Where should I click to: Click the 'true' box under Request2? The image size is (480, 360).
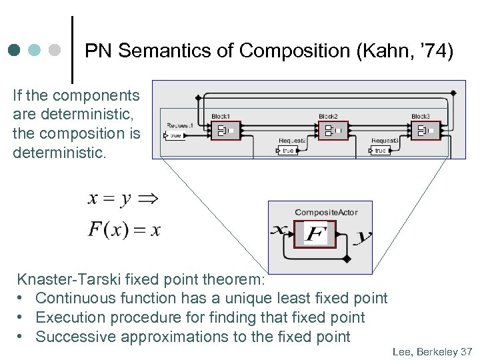pyautogui.click(x=287, y=151)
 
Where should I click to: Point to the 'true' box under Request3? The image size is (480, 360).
pyautogui.click(x=380, y=151)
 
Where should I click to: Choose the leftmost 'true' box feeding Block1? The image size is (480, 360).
pyautogui.click(x=175, y=135)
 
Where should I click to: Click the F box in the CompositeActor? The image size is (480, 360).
pyautogui.click(x=315, y=234)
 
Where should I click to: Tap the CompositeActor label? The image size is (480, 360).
pyautogui.click(x=326, y=213)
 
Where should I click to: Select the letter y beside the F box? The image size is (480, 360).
pyautogui.click(x=365, y=236)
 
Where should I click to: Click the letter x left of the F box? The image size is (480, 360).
pyautogui.click(x=279, y=230)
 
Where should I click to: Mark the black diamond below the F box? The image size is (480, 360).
pyautogui.click(x=345, y=259)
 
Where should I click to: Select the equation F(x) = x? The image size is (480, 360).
pyautogui.click(x=124, y=230)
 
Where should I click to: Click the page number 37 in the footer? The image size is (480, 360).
pyautogui.click(x=466, y=351)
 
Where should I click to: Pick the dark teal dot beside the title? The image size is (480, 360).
pyautogui.click(x=15, y=50)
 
